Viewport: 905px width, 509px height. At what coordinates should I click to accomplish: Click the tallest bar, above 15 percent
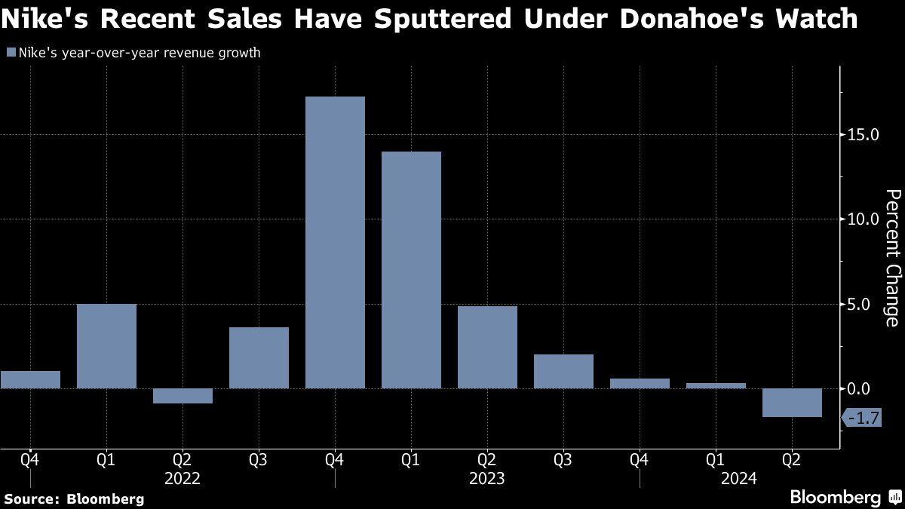(335, 242)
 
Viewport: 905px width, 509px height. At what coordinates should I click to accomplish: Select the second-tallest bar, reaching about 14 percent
(411, 270)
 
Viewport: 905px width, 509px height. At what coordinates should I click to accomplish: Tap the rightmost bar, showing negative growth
(791, 403)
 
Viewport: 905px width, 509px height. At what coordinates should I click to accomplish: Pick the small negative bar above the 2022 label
(183, 396)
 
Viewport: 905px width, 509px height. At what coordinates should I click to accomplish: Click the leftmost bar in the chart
(30, 379)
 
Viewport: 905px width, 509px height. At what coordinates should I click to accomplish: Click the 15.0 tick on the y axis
(864, 135)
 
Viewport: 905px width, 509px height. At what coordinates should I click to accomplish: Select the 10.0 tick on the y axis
(864, 219)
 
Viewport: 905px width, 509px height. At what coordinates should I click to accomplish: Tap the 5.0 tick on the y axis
(860, 304)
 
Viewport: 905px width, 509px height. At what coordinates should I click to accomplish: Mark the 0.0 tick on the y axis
(860, 388)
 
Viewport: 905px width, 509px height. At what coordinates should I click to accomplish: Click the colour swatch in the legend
(11, 53)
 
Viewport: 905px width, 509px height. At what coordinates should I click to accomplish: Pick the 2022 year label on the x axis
(183, 478)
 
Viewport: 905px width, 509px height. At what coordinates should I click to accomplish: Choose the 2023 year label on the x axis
(487, 478)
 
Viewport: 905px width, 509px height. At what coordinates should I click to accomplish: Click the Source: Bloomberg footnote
(74, 498)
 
